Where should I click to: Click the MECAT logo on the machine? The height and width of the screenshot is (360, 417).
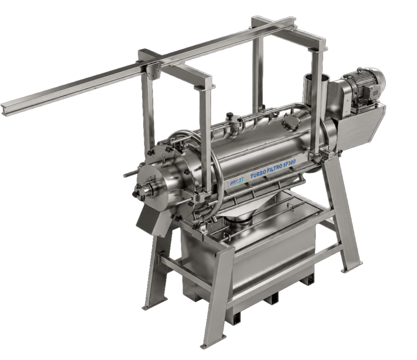click(x=236, y=181)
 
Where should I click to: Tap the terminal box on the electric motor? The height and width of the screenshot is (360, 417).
click(x=374, y=92)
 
